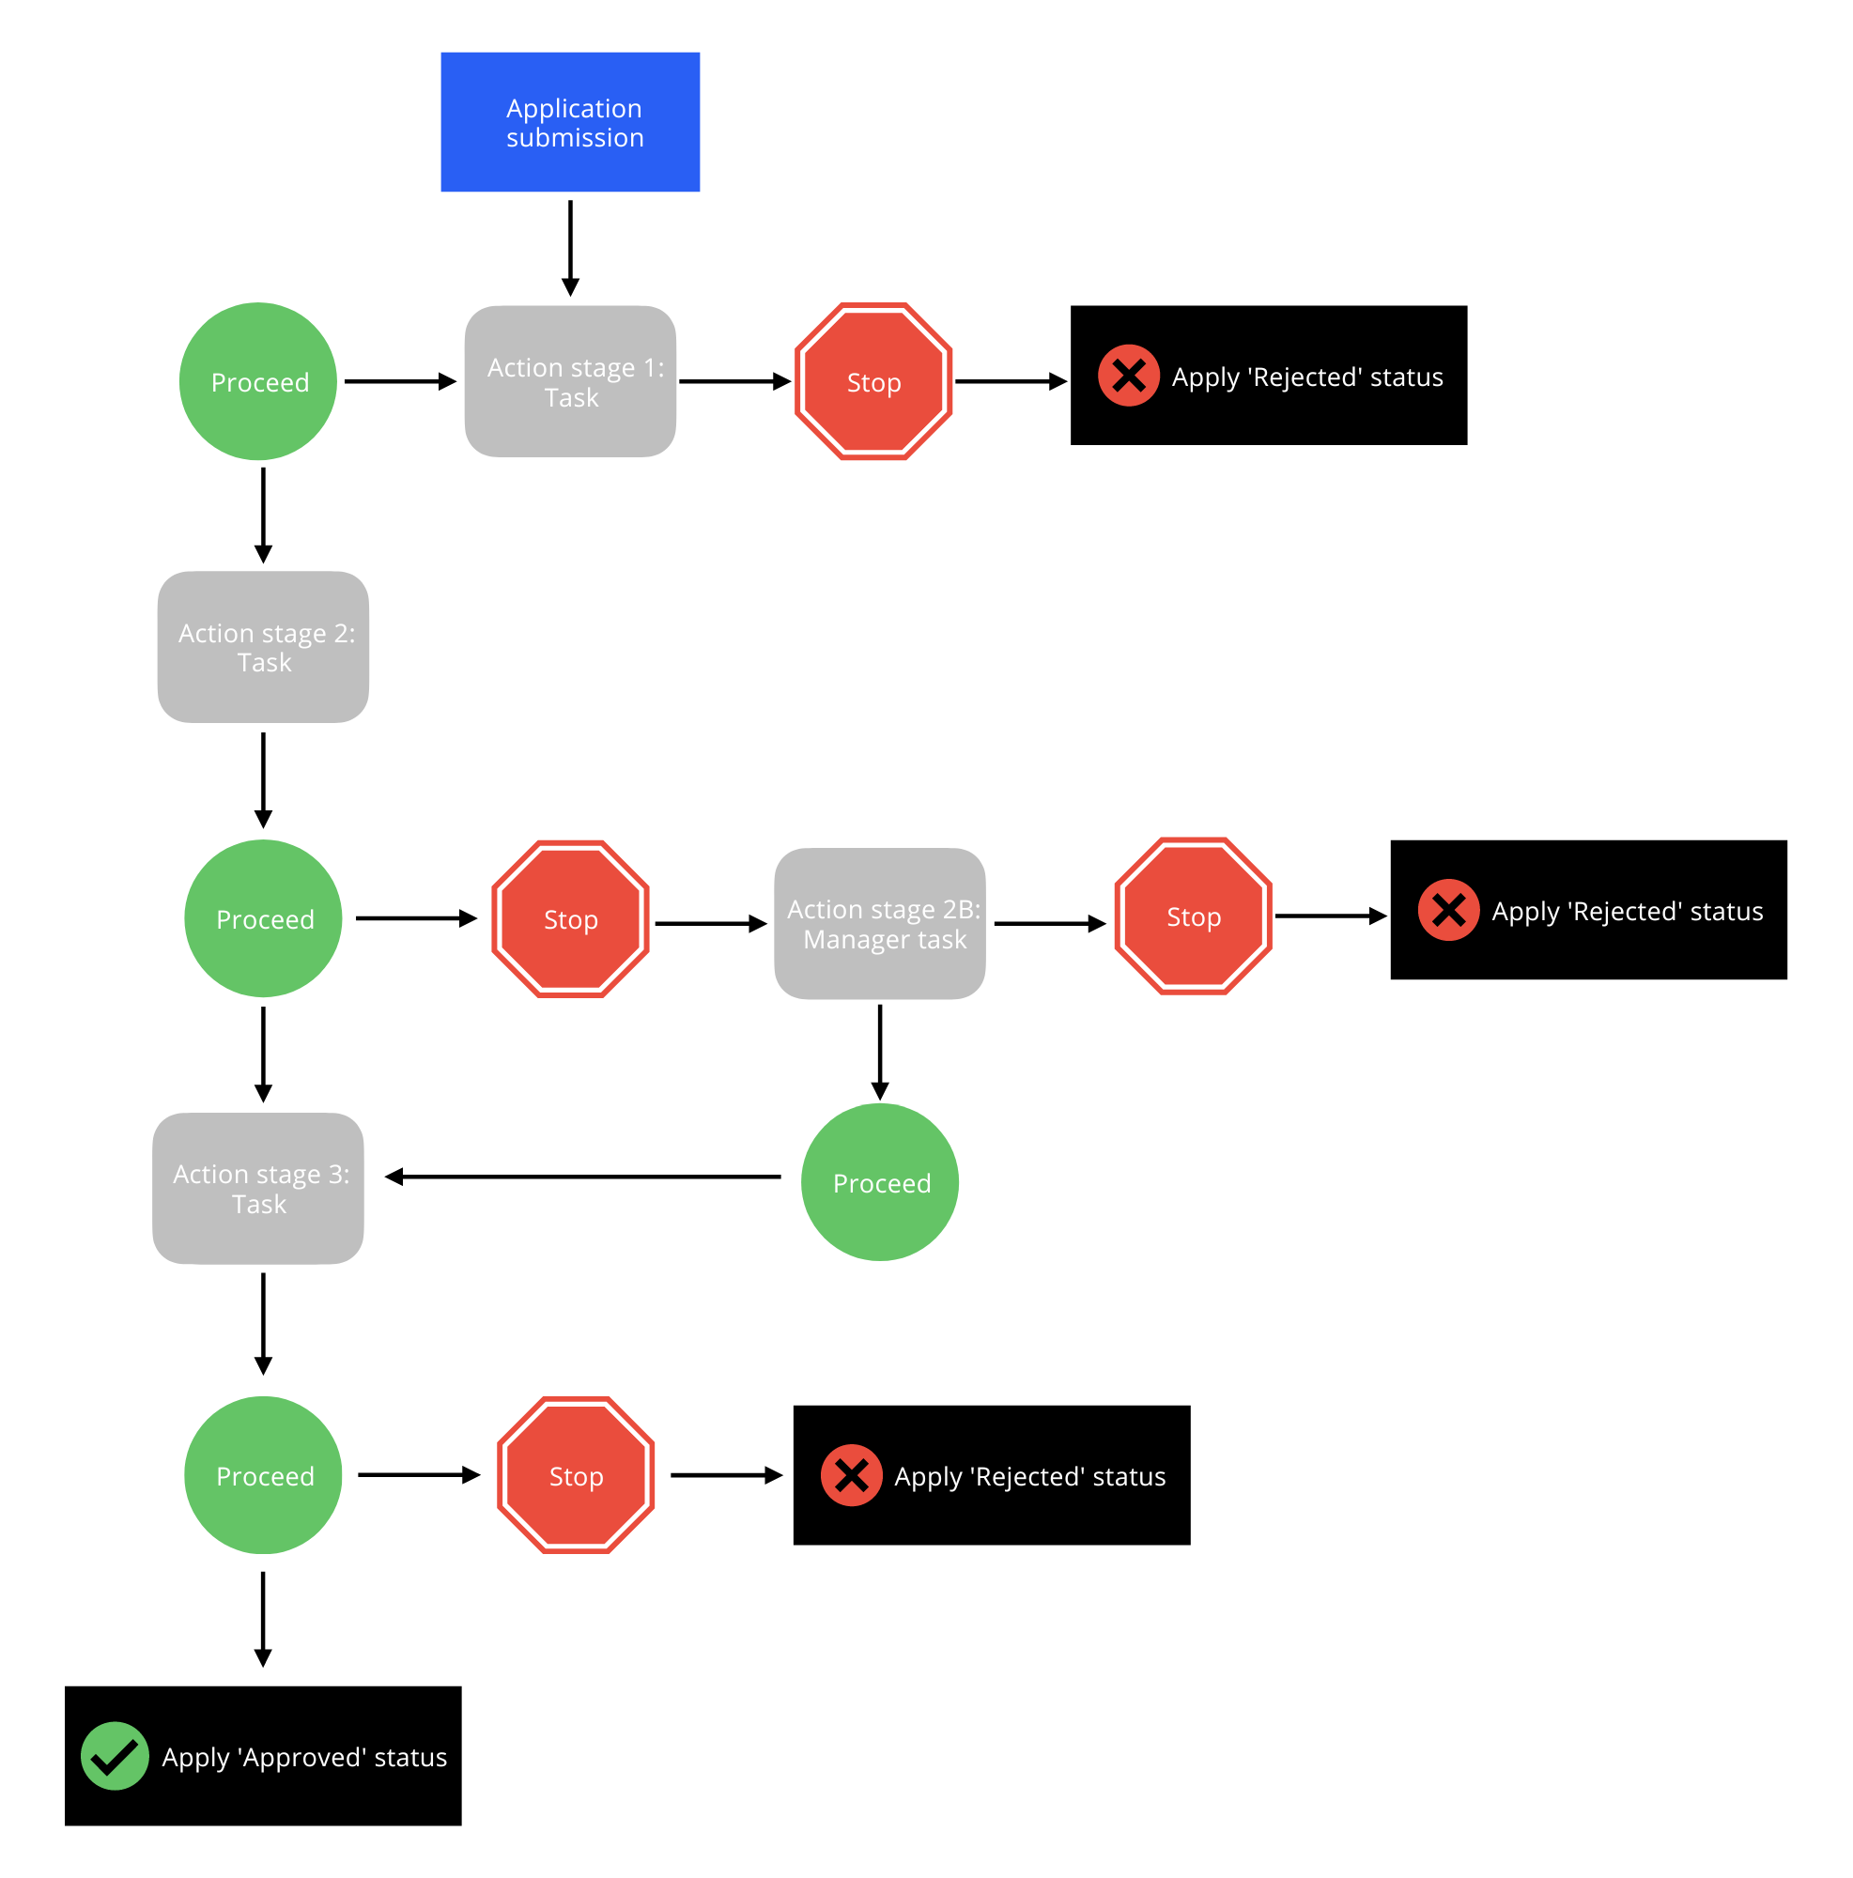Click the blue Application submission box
[570, 121]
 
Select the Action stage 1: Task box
[570, 381]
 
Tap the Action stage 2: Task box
[262, 646]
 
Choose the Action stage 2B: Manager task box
[879, 922]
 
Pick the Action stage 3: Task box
[257, 1187]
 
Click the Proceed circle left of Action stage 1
[257, 381]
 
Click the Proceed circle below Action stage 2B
[879, 1181]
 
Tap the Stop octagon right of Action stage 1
[872, 381]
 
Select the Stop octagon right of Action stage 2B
[1192, 915]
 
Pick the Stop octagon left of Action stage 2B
[570, 918]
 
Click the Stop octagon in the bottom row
[575, 1473]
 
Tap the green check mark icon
[115, 1755]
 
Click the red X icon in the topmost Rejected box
[1127, 376]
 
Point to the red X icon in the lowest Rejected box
[851, 1473]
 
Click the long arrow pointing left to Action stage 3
[583, 1177]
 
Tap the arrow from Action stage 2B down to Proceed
[879, 1050]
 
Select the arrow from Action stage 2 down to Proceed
[262, 778]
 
